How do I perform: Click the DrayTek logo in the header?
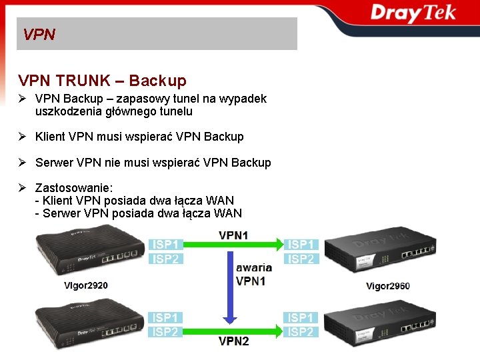(413, 13)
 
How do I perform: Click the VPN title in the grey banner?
(39, 34)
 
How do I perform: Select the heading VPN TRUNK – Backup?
(103, 81)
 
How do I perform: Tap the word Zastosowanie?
(73, 187)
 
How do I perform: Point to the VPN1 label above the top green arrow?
(233, 235)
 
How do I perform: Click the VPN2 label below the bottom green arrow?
(234, 341)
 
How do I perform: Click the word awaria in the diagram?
(254, 267)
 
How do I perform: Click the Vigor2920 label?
(85, 285)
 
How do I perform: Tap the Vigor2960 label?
(388, 286)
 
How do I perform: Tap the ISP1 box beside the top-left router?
(165, 245)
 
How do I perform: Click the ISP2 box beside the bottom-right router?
(301, 332)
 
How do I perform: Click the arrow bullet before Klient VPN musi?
(22, 137)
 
